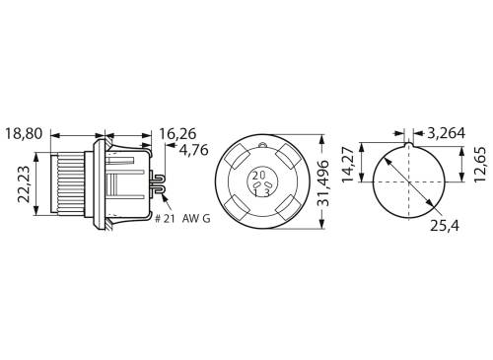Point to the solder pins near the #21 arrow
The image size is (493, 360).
click(157, 180)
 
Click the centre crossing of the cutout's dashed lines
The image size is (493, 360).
click(408, 182)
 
